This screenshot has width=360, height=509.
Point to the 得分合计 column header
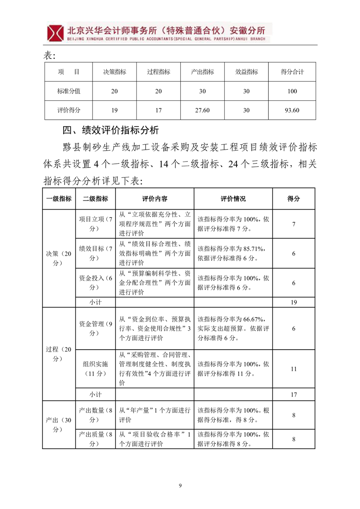292,72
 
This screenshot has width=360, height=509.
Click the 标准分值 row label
69,91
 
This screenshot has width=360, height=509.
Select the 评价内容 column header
155,199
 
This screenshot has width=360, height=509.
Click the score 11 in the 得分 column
293,369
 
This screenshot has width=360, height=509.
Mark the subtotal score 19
293,302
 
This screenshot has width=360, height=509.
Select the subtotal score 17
293,394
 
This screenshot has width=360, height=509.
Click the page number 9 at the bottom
180,486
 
